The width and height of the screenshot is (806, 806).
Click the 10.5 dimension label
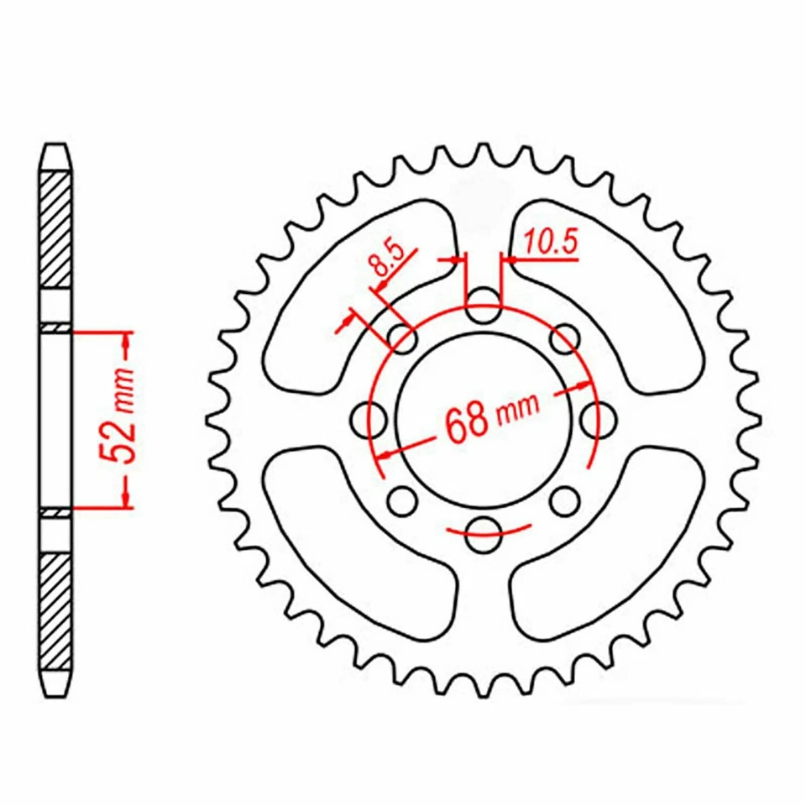coord(551,243)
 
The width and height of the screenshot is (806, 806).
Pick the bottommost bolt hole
coord(482,533)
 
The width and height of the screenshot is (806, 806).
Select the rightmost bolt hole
coord(597,417)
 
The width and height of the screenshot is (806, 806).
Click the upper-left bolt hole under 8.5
coord(404,339)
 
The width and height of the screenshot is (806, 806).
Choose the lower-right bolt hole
coord(563,501)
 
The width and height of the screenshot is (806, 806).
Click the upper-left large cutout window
coord(353,294)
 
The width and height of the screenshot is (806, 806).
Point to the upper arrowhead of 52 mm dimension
coord(127,341)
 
